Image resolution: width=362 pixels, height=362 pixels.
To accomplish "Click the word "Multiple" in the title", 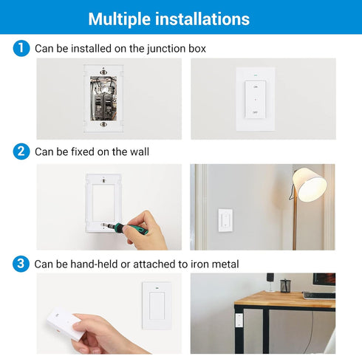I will tap(125, 18).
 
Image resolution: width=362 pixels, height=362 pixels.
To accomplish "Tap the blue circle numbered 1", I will tap(21, 49).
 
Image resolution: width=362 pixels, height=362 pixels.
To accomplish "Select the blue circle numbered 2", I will tap(21, 152).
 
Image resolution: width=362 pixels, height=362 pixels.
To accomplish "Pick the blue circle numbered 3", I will tap(21, 263).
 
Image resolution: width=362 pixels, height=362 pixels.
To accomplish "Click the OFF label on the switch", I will tap(255, 113).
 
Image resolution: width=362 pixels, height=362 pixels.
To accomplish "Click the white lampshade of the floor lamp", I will tap(310, 185).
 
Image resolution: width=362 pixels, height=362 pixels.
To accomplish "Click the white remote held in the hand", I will tap(65, 324).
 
